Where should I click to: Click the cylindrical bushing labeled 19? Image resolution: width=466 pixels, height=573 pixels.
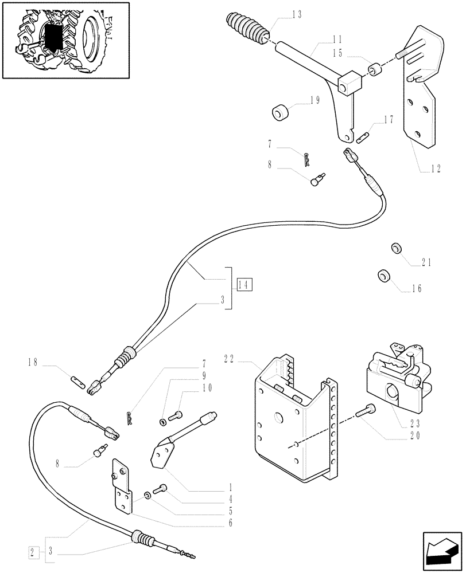tap(281, 112)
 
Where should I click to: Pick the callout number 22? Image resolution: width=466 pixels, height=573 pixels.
tap(229, 359)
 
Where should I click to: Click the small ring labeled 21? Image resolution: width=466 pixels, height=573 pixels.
tap(395, 248)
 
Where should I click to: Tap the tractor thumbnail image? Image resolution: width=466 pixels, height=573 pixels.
tap(63, 39)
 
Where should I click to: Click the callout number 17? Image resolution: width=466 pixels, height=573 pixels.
tap(389, 120)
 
